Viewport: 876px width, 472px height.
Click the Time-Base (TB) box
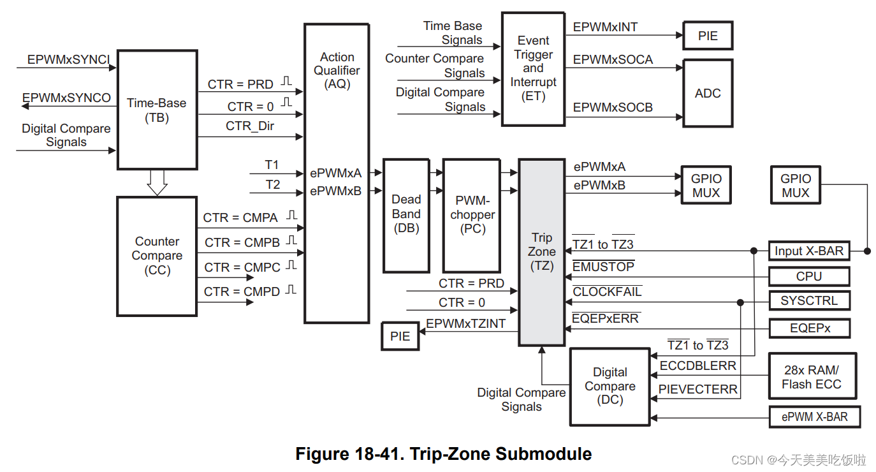pos(157,110)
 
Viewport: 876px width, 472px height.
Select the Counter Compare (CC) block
pos(157,256)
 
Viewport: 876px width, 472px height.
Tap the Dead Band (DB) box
pos(406,214)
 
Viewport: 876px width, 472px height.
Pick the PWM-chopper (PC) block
pos(472,215)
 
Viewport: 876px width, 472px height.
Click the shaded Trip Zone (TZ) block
pos(542,252)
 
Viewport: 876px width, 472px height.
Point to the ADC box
pos(708,93)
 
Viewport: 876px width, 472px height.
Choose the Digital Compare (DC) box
pos(610,387)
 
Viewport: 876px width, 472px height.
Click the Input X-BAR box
pos(809,251)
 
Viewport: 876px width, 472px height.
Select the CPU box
pos(809,276)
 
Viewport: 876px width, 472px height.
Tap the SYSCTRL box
pos(809,300)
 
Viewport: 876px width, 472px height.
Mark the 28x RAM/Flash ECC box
pos(812,377)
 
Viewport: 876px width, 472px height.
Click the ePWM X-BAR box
pos(815,417)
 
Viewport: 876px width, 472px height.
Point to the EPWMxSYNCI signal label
pos(69,60)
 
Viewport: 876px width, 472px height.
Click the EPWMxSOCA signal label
pos(613,60)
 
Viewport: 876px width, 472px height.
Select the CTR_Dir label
pos(250,126)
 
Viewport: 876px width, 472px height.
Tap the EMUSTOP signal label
pos(603,267)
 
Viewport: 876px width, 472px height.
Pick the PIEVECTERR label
pos(698,389)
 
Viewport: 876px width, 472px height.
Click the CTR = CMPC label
pos(242,267)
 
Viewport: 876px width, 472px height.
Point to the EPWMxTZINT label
pos(465,324)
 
